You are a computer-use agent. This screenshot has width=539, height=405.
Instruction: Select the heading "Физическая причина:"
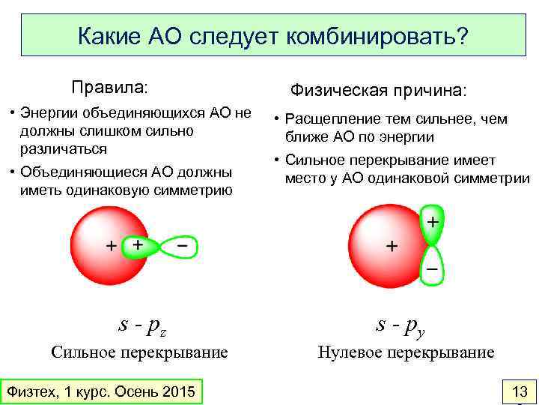click(x=378, y=90)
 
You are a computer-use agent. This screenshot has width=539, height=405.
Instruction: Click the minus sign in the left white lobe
click(x=182, y=245)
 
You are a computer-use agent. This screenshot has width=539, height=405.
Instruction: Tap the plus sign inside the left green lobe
click(x=137, y=244)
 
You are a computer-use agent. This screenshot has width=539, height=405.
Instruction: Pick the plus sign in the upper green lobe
click(x=432, y=222)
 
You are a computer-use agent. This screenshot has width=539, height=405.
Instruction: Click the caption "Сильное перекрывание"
click(x=139, y=352)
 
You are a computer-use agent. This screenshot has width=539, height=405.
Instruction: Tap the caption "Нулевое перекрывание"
click(x=406, y=352)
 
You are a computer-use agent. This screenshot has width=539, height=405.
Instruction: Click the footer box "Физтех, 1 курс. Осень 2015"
click(x=100, y=391)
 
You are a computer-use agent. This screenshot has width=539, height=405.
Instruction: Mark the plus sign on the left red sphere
click(x=111, y=245)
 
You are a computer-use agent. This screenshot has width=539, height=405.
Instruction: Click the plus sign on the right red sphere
click(x=390, y=246)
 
